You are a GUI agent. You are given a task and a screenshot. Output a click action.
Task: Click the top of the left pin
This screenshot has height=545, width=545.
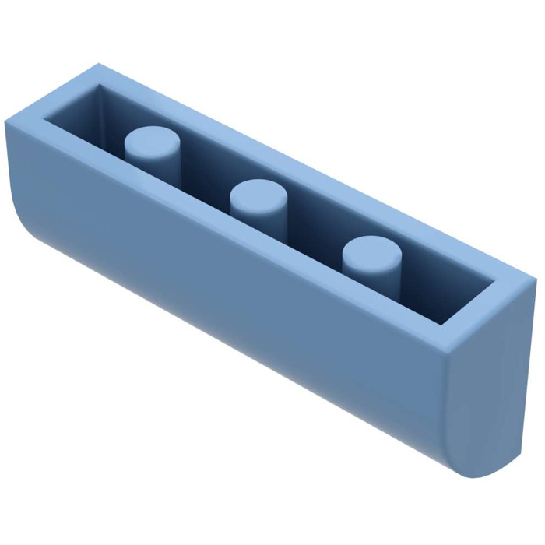(x=153, y=141)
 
